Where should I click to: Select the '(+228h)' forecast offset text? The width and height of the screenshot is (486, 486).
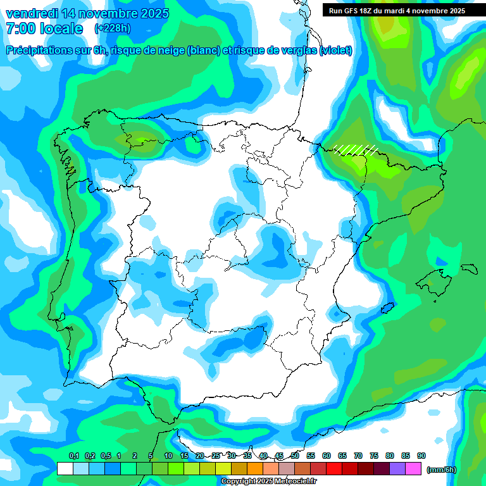point(112,28)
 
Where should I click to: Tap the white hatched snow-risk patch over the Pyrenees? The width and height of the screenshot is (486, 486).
point(356,149)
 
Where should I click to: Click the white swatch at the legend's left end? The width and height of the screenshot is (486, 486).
point(65,469)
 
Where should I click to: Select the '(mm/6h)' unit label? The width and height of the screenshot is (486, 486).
point(441,470)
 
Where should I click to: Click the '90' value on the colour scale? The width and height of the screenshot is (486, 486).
point(421,456)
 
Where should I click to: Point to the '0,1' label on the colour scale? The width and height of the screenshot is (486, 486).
point(73,456)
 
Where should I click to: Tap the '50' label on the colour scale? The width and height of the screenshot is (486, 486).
point(295,456)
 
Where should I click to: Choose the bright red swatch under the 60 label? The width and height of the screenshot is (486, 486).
point(333,469)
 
